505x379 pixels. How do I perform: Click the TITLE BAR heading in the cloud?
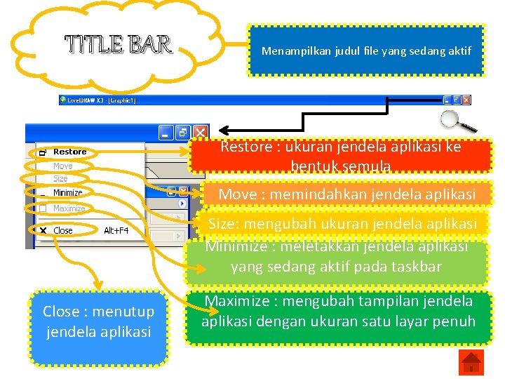click(118, 44)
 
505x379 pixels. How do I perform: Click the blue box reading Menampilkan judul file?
click(366, 51)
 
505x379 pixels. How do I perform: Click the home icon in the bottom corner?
click(471, 362)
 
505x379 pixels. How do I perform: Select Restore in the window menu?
click(69, 152)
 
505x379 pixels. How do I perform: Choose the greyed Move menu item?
click(62, 166)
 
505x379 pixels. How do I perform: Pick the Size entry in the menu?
click(61, 179)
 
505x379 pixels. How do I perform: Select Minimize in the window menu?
click(67, 193)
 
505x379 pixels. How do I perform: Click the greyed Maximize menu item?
click(69, 208)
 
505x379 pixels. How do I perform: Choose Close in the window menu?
click(63, 230)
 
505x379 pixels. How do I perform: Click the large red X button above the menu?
click(201, 132)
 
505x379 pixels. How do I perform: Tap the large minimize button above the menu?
click(166, 132)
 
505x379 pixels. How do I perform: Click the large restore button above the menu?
click(183, 132)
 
